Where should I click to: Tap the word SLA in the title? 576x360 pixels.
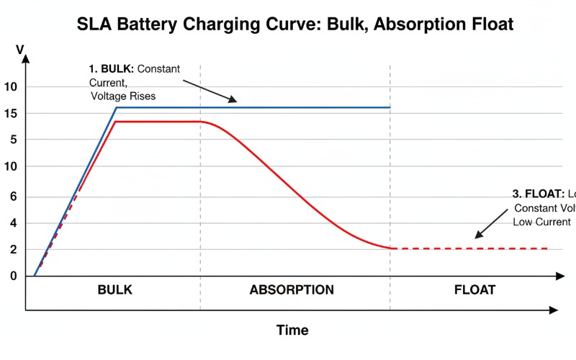coord(95,24)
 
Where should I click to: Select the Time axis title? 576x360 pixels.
coord(292,330)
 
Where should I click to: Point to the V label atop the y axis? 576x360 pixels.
coord(20,50)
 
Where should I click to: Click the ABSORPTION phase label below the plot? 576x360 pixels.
coord(292,290)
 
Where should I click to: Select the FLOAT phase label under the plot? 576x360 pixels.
coord(474,290)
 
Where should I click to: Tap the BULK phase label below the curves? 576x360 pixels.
coord(115,290)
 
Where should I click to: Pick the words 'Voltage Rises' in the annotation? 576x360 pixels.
coord(124,95)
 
